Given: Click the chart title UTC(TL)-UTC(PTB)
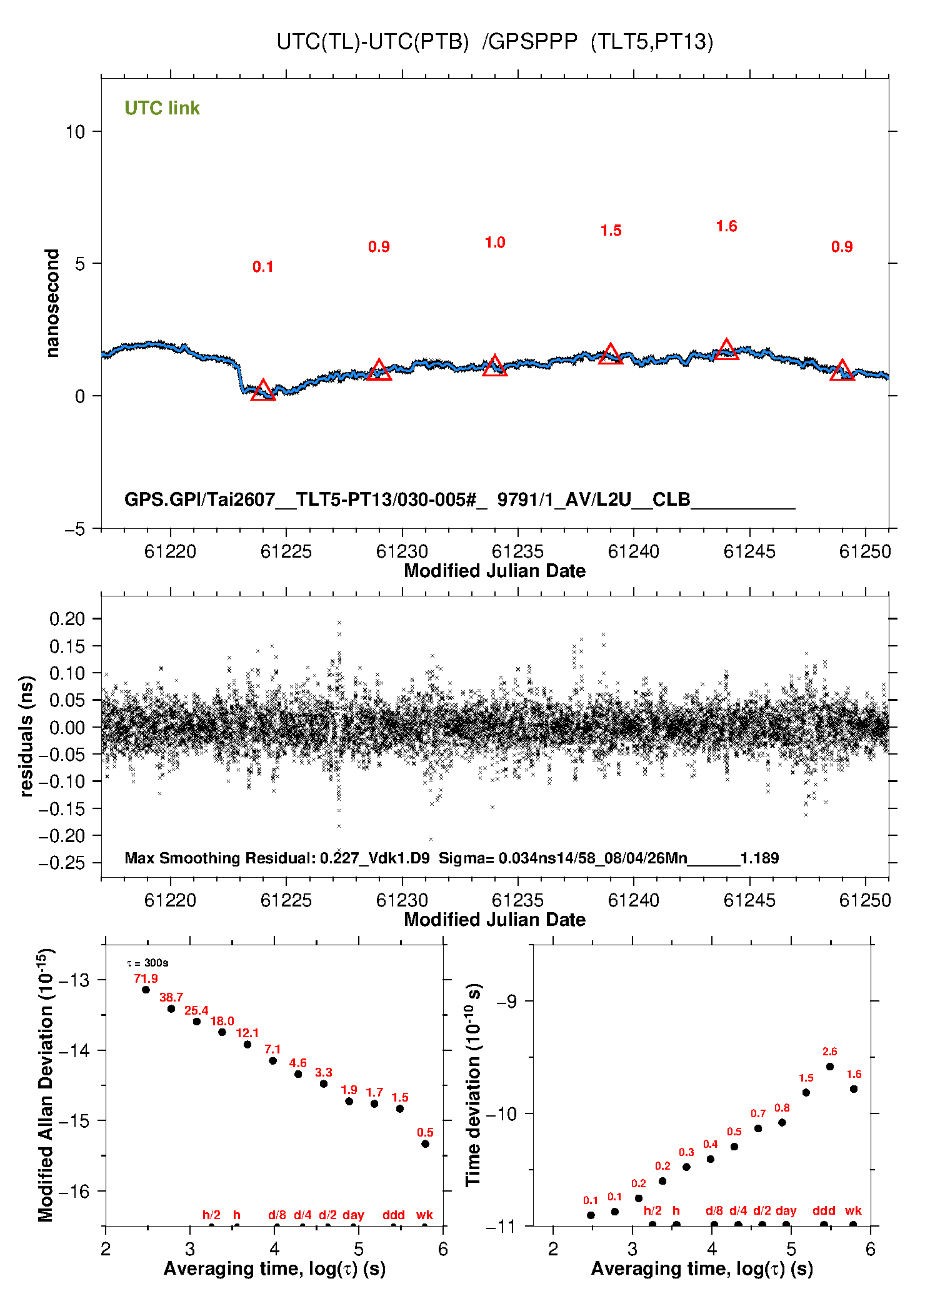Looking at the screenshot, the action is click(x=372, y=42).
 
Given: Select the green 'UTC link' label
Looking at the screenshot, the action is click(x=162, y=108).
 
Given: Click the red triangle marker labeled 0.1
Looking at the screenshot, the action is click(x=262, y=390).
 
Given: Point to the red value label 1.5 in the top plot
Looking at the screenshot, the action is click(x=611, y=231).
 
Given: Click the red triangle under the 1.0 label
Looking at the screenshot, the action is click(x=494, y=365).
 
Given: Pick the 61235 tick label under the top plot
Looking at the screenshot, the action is click(x=517, y=551).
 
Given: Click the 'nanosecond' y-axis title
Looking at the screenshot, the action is click(x=52, y=303).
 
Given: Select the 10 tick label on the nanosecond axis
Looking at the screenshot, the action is click(x=76, y=132).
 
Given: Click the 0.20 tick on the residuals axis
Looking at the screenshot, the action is click(x=67, y=619).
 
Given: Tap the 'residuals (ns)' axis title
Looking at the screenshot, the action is click(x=26, y=736).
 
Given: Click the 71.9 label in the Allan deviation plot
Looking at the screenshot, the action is click(x=146, y=978).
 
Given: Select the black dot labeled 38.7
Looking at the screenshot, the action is click(x=171, y=1008).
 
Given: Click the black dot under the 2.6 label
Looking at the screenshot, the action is click(x=830, y=1067).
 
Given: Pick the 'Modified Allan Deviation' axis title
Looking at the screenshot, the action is click(x=46, y=1085).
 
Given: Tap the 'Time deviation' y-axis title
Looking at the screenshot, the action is click(x=474, y=1085).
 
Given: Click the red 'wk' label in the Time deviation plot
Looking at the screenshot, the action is click(x=853, y=1210).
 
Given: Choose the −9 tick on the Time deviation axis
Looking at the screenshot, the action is click(x=506, y=1001).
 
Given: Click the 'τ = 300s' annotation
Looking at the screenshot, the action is click(x=147, y=963).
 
